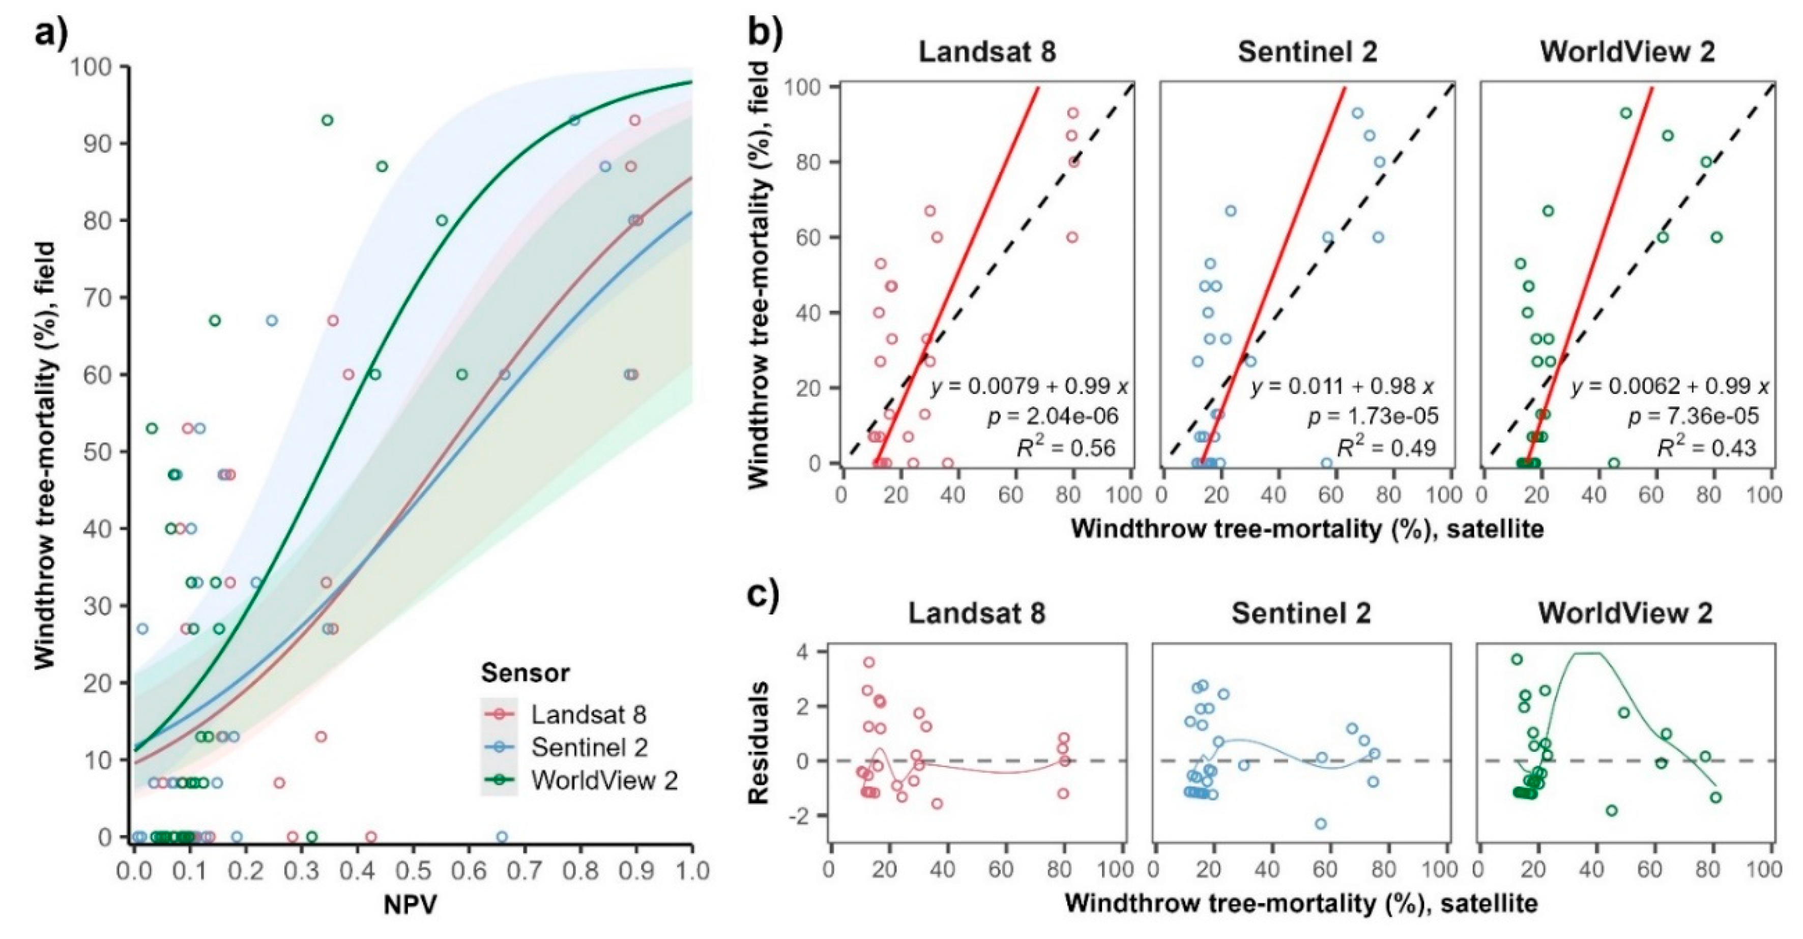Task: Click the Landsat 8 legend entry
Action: (588, 714)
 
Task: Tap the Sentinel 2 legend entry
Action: (589, 747)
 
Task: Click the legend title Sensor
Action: (525, 673)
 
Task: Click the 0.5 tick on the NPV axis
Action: (413, 871)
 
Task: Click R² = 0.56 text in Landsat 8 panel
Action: (1065, 448)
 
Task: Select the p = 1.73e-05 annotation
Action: (1373, 417)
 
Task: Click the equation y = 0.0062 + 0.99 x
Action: (1669, 386)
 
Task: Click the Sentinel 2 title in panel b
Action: (1307, 52)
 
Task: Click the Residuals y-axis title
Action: (759, 742)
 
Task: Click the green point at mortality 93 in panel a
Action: (327, 121)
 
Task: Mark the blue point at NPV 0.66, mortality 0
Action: (501, 837)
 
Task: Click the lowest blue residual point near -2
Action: (1321, 824)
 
